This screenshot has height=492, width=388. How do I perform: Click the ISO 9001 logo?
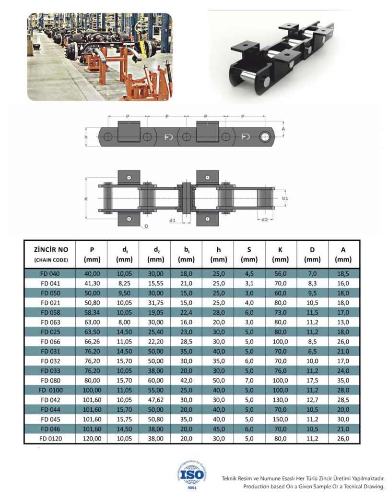[192, 474]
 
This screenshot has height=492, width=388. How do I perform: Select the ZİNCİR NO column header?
[51, 249]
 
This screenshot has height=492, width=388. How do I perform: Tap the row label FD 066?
[50, 341]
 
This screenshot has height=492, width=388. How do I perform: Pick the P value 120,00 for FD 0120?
[92, 438]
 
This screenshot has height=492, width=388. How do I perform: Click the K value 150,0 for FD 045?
[281, 419]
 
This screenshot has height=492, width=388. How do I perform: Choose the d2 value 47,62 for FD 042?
[154, 399]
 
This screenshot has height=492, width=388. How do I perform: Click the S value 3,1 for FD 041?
[249, 283]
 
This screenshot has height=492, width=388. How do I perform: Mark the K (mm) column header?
[281, 254]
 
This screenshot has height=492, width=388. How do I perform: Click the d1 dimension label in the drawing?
[173, 221]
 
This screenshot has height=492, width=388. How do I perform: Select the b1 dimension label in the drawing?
[285, 198]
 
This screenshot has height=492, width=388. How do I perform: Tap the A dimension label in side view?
[284, 129]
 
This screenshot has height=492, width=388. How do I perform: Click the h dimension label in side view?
[86, 137]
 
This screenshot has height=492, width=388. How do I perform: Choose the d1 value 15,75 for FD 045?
[123, 419]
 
